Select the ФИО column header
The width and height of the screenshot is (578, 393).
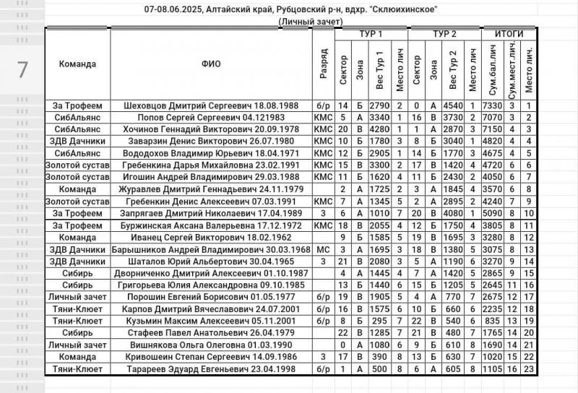pos(211,64)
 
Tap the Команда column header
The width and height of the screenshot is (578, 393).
pos(78,64)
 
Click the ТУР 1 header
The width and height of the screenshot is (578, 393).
pos(371,34)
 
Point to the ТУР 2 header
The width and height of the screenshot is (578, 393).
pos(444,34)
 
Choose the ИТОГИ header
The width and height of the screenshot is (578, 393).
pos(509,34)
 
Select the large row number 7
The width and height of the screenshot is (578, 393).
pos(22,69)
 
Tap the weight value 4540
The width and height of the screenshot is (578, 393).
pos(453,105)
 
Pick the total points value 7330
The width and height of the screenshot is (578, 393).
pos(493,105)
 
